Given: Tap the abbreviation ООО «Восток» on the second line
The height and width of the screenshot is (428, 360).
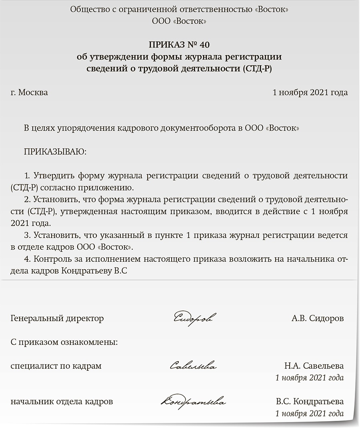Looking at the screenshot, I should click(180, 21).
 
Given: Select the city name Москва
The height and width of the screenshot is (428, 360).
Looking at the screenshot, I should click(33, 93).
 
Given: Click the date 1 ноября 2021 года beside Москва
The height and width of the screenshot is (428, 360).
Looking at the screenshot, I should click(310, 93).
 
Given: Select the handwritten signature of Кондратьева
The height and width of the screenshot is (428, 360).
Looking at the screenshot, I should click(194, 401).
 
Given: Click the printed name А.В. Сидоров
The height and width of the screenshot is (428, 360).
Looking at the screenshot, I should click(318, 318).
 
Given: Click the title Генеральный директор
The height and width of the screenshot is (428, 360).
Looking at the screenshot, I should click(57, 318).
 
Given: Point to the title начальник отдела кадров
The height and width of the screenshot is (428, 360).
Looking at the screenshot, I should click(62, 401).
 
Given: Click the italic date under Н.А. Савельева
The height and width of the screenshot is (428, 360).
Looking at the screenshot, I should click(310, 378).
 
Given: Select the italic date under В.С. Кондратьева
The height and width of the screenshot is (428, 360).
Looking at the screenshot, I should click(310, 413).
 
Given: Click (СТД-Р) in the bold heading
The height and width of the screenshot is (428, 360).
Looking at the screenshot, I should click(259, 68).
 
